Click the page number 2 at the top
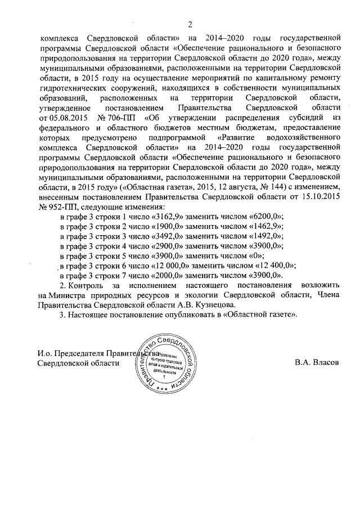tap(190, 24)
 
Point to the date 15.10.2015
tap(321, 197)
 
